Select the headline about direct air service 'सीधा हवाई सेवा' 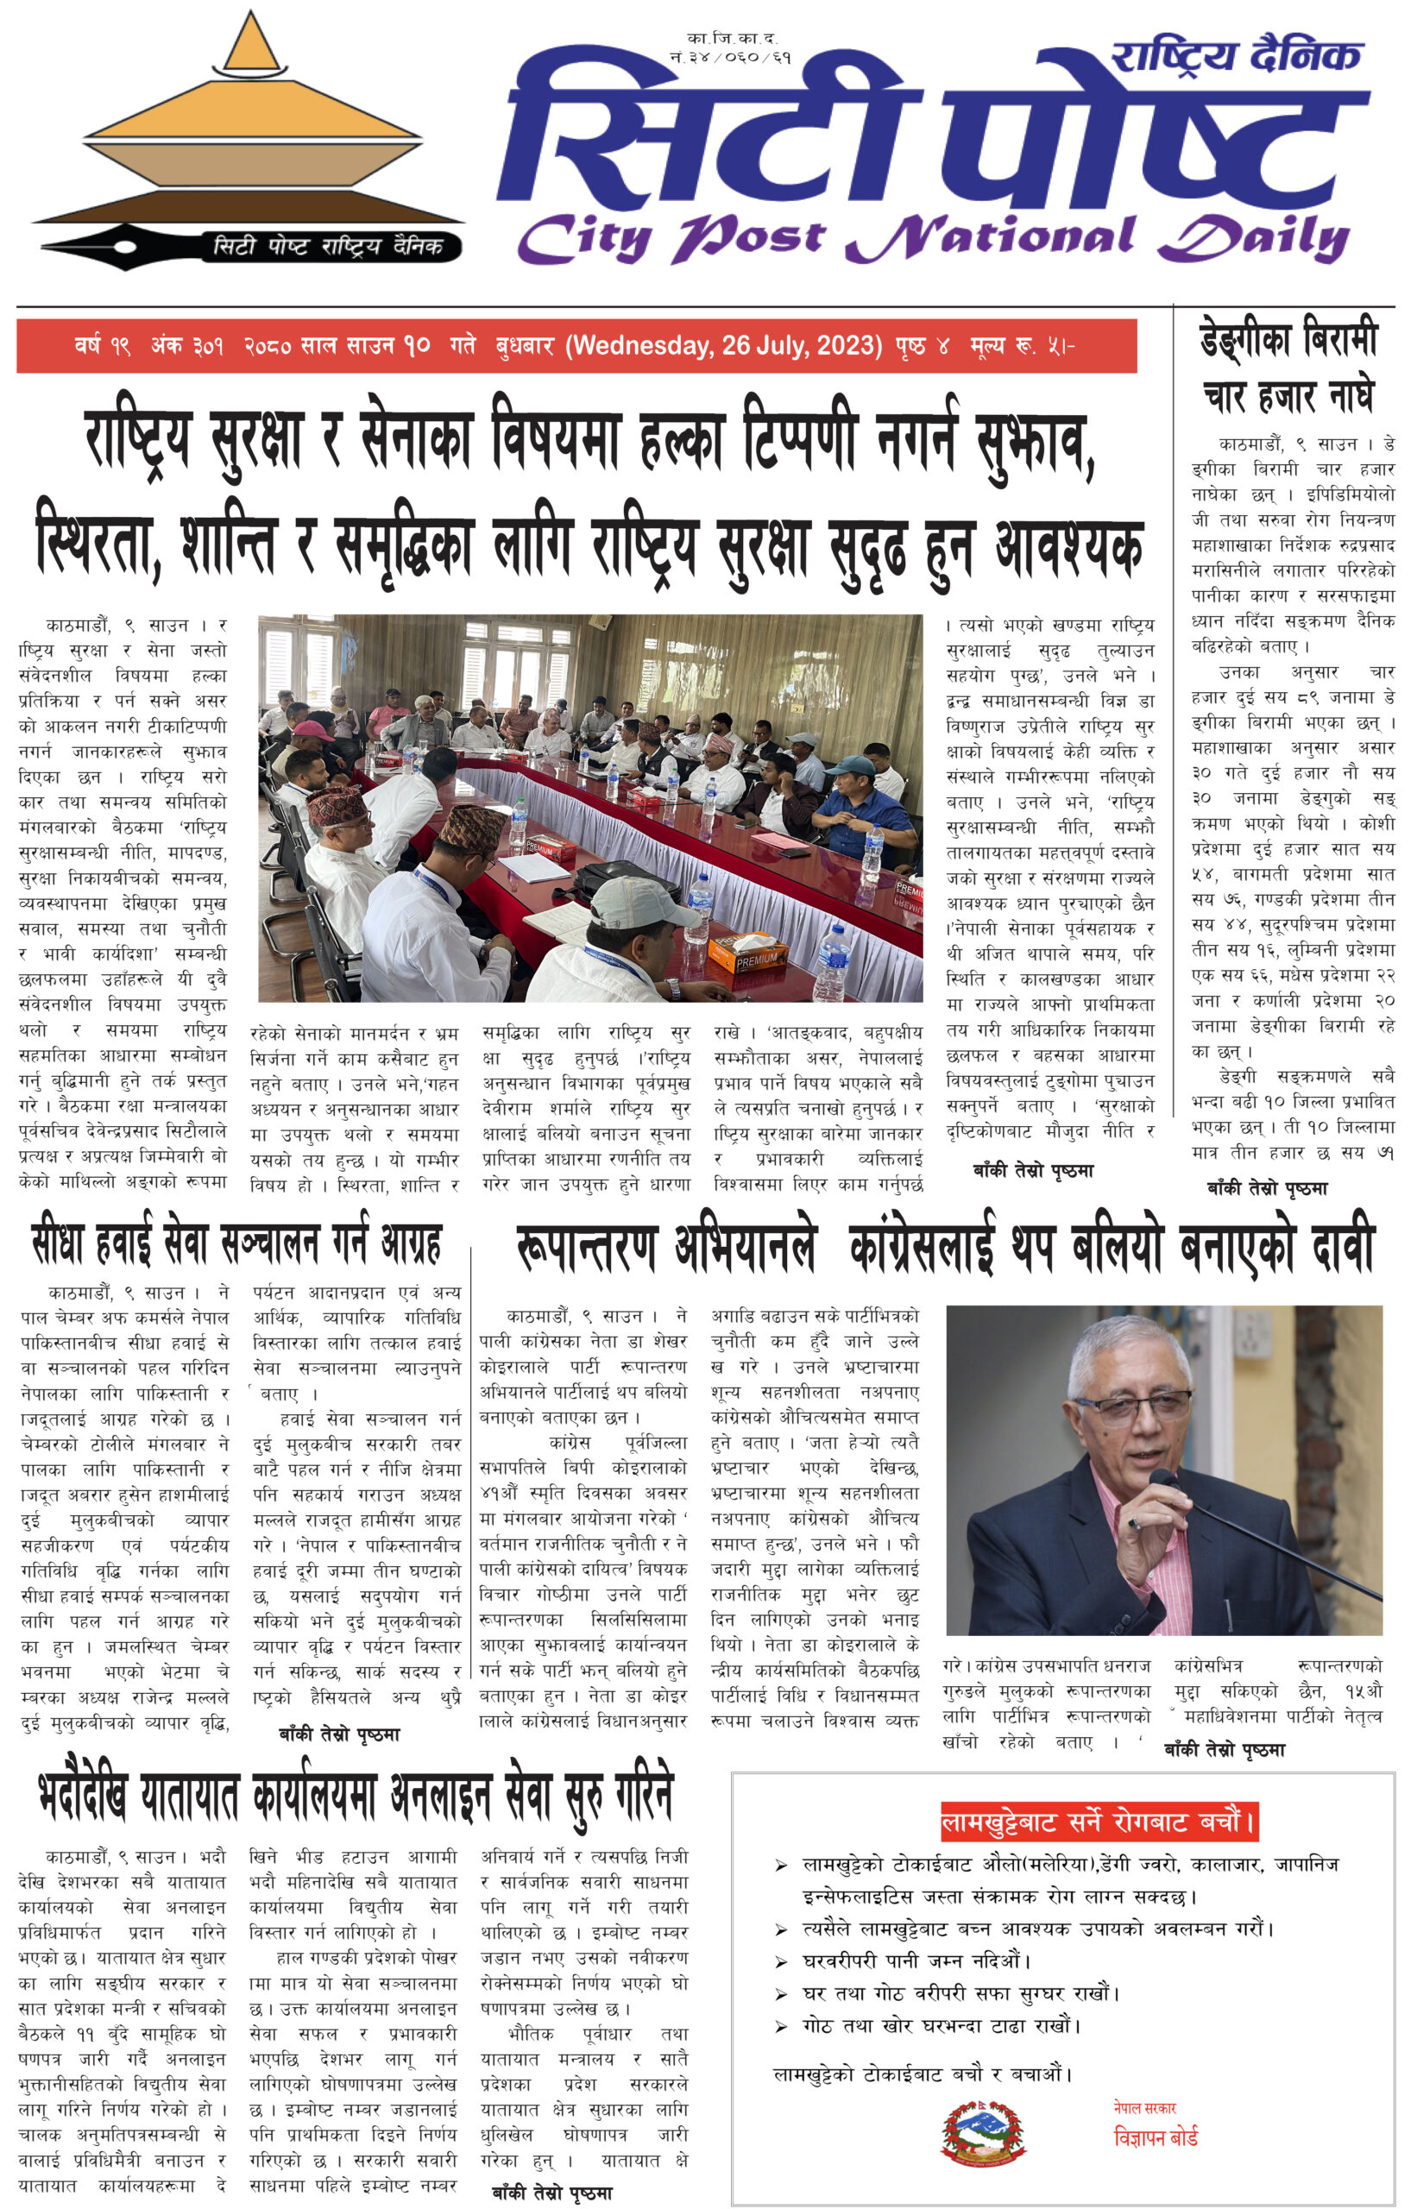point(236,1242)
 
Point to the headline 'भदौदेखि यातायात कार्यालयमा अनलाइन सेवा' point(356,1796)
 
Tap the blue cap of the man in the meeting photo point(849,765)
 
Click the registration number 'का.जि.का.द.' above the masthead point(733,39)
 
